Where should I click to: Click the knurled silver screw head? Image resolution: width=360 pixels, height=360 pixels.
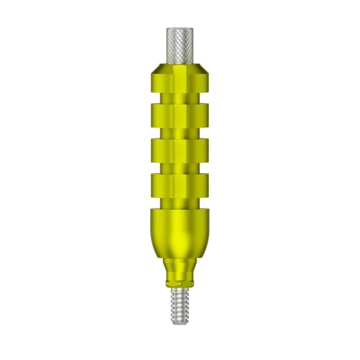180,45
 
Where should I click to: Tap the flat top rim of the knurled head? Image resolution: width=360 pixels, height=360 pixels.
180,29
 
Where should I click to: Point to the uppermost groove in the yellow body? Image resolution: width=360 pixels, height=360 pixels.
180,98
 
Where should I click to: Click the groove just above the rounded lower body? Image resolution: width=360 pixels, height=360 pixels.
180,202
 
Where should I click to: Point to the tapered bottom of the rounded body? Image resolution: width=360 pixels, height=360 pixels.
180,252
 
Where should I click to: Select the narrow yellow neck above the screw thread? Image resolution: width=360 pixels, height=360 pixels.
180,270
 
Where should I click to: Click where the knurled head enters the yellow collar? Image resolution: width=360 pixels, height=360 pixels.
180,62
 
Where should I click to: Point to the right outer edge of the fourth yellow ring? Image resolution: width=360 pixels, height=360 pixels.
207,184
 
